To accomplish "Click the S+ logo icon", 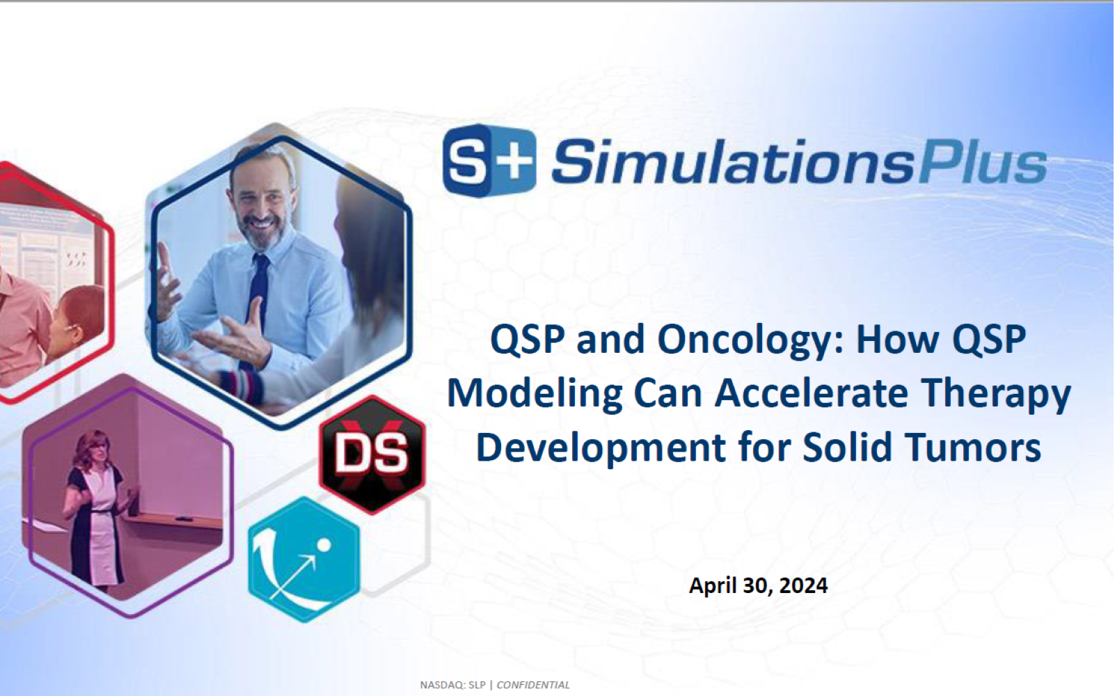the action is coord(490,160).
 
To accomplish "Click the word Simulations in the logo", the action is coord(733,161).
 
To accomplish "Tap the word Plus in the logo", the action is coord(982,161).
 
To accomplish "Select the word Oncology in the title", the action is coord(750,340).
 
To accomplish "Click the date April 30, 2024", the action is coord(758,585).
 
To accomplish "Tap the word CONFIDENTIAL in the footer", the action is coord(533,685).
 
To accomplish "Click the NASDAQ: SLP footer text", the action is coord(452,685).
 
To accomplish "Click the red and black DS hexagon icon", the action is coord(372,454).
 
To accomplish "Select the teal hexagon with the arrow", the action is coord(304,559).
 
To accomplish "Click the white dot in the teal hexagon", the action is coord(324,546).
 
